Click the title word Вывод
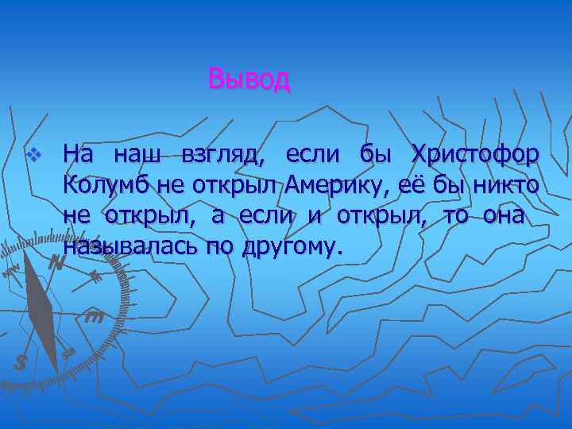pos(249,79)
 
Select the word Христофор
pos(474,153)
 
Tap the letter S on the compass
pos(21,362)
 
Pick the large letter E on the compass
pos(94,317)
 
